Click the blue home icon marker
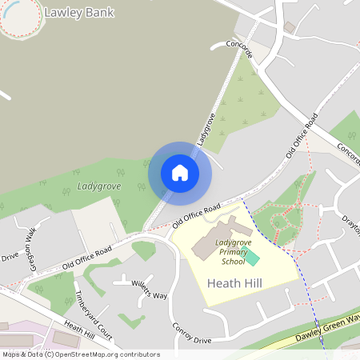180,173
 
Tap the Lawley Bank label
79,13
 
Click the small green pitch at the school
251,258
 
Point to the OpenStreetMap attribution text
80,354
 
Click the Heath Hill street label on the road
79,330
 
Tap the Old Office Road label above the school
195,217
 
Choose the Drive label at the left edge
9,258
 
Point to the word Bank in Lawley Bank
99,13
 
